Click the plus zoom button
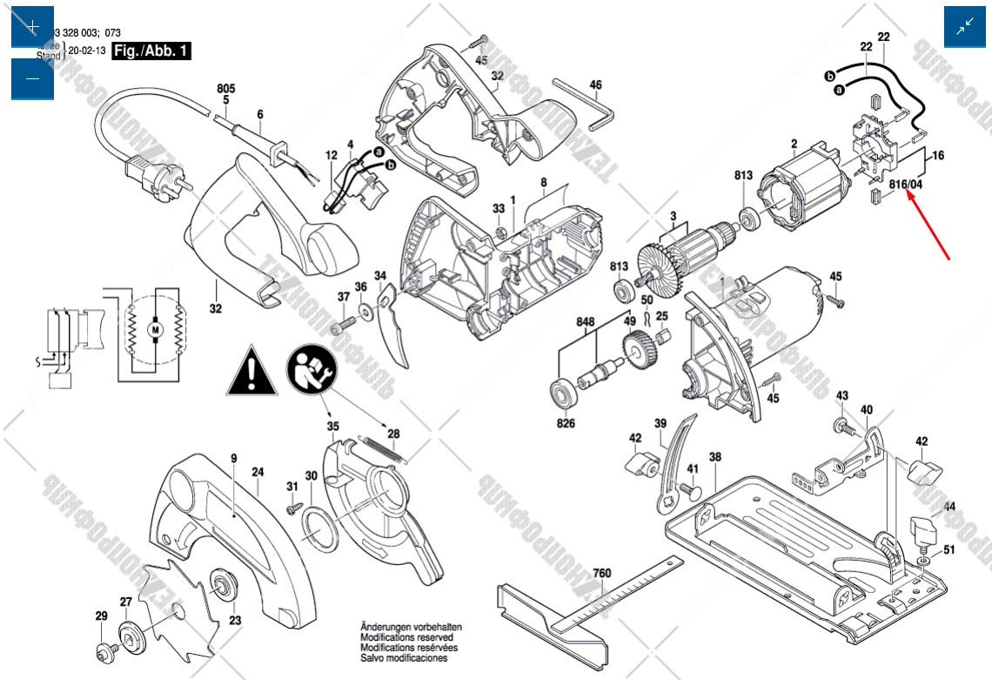coord(32,27)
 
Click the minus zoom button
coord(32,79)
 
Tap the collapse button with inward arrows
coord(965,27)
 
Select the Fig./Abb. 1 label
coord(151,50)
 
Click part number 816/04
coord(905,185)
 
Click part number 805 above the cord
coord(226,89)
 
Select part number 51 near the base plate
coord(948,549)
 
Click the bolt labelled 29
coord(104,649)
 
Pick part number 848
coord(585,321)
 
